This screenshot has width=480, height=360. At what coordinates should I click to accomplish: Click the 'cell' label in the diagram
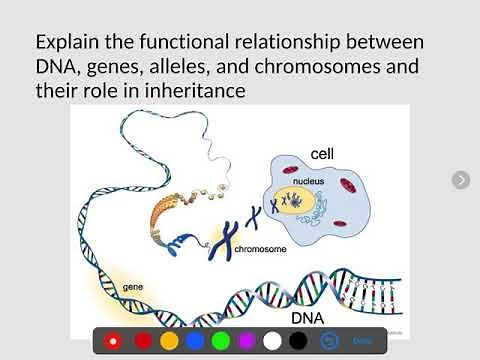[x=322, y=154]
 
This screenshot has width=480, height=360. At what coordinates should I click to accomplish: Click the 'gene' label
[x=133, y=287]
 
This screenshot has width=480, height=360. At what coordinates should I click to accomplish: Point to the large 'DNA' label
[x=307, y=318]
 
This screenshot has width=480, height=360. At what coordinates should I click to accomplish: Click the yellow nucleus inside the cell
[x=299, y=204]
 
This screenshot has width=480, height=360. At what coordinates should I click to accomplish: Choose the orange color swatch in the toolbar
[x=169, y=341]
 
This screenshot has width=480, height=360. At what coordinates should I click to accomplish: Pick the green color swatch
[x=221, y=341]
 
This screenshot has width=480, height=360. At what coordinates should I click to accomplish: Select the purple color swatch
[x=247, y=341]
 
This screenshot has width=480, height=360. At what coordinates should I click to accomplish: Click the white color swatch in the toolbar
[x=272, y=341]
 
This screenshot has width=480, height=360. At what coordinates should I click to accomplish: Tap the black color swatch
[x=298, y=341]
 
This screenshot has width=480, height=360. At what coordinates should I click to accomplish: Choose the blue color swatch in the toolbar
[x=195, y=341]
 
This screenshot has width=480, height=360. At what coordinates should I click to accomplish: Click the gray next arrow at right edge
[x=461, y=180]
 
